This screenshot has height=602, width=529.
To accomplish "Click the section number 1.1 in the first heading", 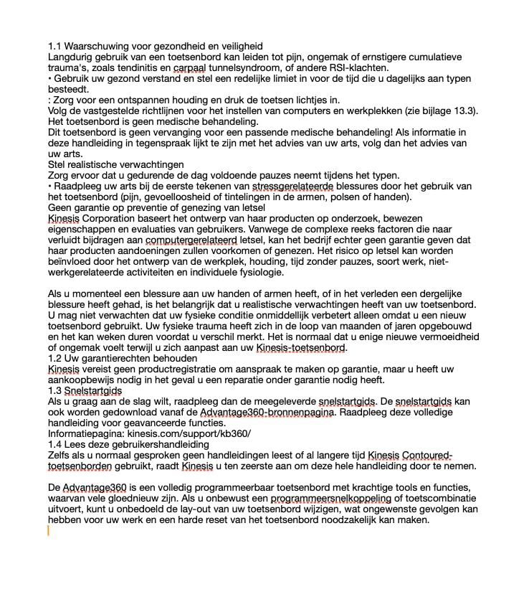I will pos(55,46).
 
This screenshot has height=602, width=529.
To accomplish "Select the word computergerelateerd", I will pos(189,240).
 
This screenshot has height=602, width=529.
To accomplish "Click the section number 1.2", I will pos(55,358).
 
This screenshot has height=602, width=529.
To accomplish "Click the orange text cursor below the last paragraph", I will pos(48,531).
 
